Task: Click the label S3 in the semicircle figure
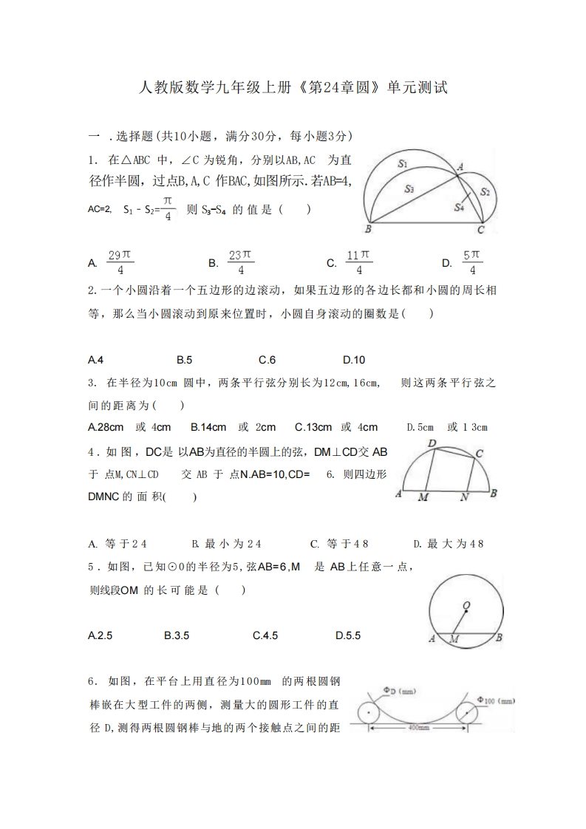point(409,189)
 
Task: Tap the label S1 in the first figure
point(403,163)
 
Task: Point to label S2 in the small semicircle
point(486,191)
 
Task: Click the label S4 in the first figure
point(459,208)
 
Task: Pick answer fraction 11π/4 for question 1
point(359,262)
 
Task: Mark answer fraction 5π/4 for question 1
point(473,262)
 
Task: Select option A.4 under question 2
point(95,360)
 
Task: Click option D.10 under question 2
point(354,360)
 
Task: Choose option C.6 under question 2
point(267,360)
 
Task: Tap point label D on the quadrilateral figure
point(432,443)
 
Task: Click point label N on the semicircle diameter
point(464,497)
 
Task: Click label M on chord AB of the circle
point(454,639)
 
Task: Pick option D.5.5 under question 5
point(348,635)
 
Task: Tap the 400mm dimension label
point(418,727)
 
